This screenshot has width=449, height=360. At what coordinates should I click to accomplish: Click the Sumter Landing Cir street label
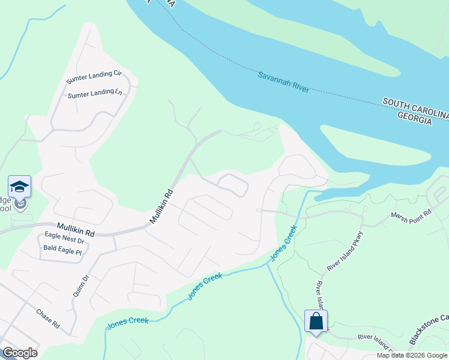tap(94, 74)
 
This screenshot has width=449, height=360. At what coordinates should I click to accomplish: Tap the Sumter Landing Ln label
tap(95, 94)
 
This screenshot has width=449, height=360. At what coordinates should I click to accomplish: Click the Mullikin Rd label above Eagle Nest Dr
tap(76, 229)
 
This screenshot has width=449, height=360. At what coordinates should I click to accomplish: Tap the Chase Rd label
tap(48, 318)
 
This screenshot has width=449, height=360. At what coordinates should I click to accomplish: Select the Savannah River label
tap(283, 82)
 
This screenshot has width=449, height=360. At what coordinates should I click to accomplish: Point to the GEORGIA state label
tap(414, 121)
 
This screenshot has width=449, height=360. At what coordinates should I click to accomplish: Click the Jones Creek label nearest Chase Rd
tap(128, 322)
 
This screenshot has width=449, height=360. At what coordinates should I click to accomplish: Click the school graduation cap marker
tap(19, 187)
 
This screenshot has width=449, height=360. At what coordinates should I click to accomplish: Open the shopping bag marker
tap(316, 322)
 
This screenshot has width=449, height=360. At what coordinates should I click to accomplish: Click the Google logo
tap(20, 353)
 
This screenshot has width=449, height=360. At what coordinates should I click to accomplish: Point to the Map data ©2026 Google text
tap(412, 355)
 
